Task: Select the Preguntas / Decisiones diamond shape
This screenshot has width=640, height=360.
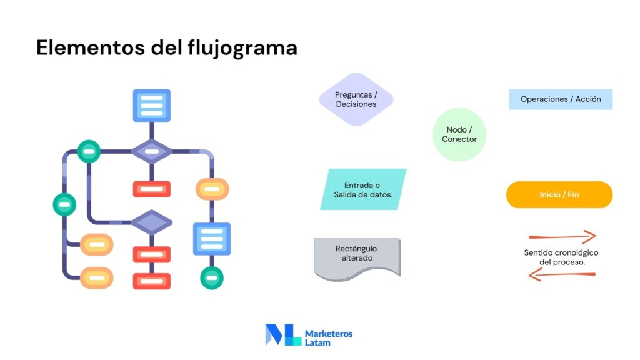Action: (356, 99)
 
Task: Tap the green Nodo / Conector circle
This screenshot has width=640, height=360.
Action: (459, 134)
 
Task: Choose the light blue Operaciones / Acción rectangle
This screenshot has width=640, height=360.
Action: (561, 99)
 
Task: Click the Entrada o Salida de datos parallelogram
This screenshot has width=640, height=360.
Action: (363, 189)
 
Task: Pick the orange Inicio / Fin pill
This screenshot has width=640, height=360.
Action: (559, 195)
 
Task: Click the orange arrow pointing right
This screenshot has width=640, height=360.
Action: (562, 237)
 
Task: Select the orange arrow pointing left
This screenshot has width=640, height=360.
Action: (562, 274)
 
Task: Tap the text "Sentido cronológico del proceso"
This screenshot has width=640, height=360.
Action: (561, 257)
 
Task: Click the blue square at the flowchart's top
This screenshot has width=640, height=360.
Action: (152, 105)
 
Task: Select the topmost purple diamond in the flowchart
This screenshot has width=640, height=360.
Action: (151, 151)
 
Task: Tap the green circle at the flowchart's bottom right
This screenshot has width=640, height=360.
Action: (212, 277)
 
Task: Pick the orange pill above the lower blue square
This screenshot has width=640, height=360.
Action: (212, 189)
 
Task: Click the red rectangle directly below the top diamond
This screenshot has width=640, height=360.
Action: (152, 189)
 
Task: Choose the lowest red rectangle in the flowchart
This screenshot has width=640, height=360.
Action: (152, 281)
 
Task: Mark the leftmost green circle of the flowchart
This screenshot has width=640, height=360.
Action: (64, 204)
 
